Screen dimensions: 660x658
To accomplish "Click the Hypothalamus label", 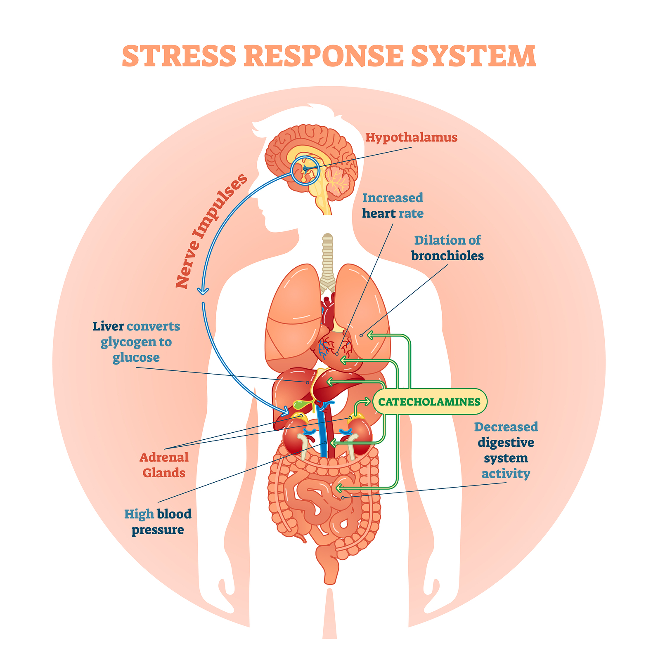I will [x=411, y=137].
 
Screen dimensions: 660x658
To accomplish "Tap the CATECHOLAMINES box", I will [x=429, y=401].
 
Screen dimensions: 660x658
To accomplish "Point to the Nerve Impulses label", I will [x=211, y=231].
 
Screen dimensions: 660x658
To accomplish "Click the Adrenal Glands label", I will [x=164, y=465].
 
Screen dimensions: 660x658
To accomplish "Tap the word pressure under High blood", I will [x=158, y=530].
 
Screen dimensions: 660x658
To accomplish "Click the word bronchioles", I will [x=447, y=256].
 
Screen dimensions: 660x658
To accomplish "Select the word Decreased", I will [x=506, y=427].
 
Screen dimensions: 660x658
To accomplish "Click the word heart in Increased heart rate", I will [x=379, y=213].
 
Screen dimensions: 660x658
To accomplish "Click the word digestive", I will [x=506, y=443].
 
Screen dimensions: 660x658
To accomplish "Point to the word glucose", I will [x=136, y=357].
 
